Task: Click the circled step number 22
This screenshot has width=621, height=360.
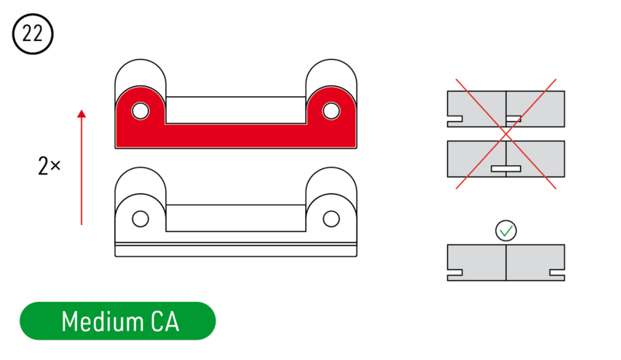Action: point(33,33)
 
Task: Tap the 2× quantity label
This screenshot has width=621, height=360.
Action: point(49,165)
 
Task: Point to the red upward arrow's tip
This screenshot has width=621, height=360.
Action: point(82,110)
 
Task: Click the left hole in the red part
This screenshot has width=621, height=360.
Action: point(141,111)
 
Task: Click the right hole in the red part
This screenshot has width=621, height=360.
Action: point(331,111)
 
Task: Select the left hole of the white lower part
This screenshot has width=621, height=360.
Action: point(141,219)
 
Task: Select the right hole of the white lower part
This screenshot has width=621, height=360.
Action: point(331,219)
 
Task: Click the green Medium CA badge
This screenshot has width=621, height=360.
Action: point(118,320)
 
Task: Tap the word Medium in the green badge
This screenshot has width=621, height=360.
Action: point(102,321)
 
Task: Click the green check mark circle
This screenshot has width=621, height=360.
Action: point(506,230)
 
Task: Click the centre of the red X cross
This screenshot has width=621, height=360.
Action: point(506,134)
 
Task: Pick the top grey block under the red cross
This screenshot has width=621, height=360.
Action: point(506,109)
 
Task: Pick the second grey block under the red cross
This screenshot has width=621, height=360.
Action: point(506,159)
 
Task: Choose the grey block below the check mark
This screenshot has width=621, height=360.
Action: point(506,262)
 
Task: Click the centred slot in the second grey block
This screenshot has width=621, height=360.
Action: point(506,168)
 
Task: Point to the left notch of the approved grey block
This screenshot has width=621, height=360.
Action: point(455,273)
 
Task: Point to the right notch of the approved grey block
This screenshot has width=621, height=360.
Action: point(557,273)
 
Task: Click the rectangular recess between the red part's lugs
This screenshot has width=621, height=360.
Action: point(236,110)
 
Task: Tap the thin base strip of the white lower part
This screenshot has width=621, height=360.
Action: point(236,251)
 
